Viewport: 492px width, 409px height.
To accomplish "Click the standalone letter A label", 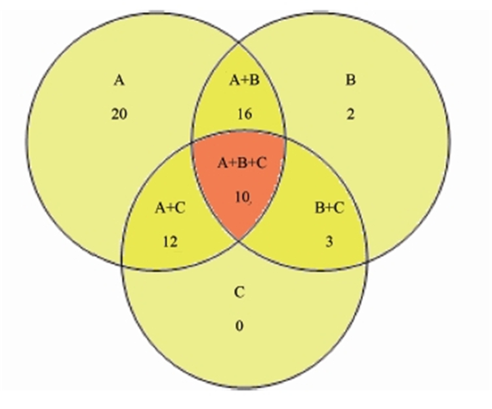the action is coord(119,80).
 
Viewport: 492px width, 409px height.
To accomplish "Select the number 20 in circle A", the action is coord(119,114).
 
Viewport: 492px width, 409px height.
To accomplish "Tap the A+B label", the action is coord(245,80).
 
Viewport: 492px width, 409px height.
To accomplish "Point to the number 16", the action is coord(245,114).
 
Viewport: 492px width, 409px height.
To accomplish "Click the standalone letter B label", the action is coord(350,80).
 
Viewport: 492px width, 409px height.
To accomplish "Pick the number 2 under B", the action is coord(350,114).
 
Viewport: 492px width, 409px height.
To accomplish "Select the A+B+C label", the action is coord(242,163).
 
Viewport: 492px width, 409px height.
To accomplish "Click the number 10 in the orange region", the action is coord(242,197).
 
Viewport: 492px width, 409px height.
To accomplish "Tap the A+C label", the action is coord(170,208).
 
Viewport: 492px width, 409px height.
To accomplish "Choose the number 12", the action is coord(171,242).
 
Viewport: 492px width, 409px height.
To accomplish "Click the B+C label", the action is coord(329,208).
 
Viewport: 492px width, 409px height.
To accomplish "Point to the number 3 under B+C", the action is coord(329,242).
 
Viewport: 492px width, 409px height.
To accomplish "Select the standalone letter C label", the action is coord(239,292).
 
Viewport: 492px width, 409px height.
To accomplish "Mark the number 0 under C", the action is coord(239,326).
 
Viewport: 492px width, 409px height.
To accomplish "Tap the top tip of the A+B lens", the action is coord(239,42).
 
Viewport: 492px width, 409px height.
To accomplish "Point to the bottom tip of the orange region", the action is coord(239,241).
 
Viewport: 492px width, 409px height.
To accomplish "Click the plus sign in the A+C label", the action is coord(170,208).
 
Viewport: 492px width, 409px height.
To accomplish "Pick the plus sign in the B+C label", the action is coord(329,208).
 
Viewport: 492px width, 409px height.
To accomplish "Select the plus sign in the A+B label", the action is coord(245,81).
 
